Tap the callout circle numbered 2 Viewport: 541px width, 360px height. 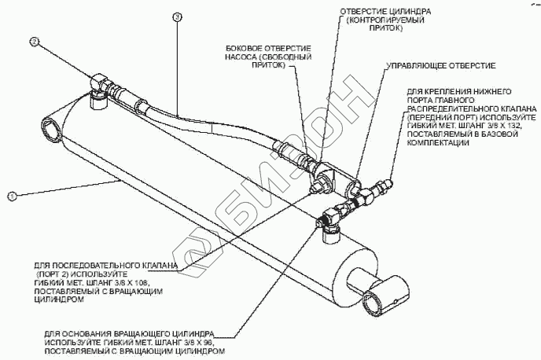[x=35, y=40]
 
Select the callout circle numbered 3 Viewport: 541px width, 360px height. [x=176, y=16]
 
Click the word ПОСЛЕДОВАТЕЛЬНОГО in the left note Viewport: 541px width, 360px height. [x=96, y=265]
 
